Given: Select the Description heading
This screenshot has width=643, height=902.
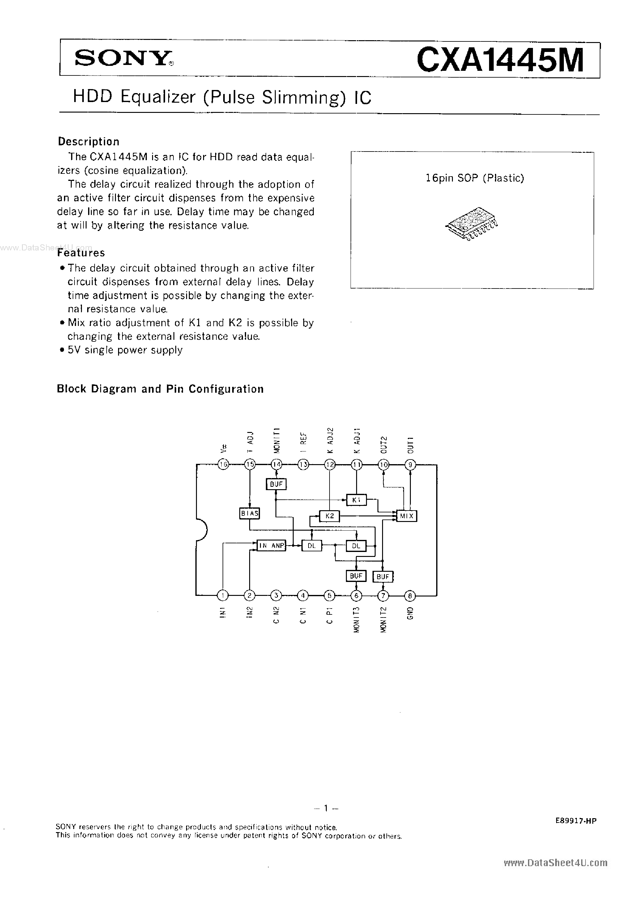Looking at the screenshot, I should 88,141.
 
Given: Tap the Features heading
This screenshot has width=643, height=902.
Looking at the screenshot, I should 81,253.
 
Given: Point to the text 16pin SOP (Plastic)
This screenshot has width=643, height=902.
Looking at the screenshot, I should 475,178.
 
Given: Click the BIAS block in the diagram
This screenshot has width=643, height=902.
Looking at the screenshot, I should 249,514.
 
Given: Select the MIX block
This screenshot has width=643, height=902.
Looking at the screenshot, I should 407,516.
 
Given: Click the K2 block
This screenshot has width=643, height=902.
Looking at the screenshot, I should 330,516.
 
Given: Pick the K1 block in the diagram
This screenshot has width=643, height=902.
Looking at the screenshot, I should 356,500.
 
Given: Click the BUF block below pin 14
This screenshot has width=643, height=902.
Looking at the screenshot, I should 276,484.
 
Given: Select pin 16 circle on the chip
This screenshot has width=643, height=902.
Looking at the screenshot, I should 223,464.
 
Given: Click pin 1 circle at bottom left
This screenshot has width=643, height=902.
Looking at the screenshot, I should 223,595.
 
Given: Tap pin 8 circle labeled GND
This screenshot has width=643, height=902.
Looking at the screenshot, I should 410,595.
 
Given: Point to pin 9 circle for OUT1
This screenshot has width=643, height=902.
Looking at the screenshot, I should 410,464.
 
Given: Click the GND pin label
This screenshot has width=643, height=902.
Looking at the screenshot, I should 410,613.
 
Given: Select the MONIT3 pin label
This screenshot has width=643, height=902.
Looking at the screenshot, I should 356,619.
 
